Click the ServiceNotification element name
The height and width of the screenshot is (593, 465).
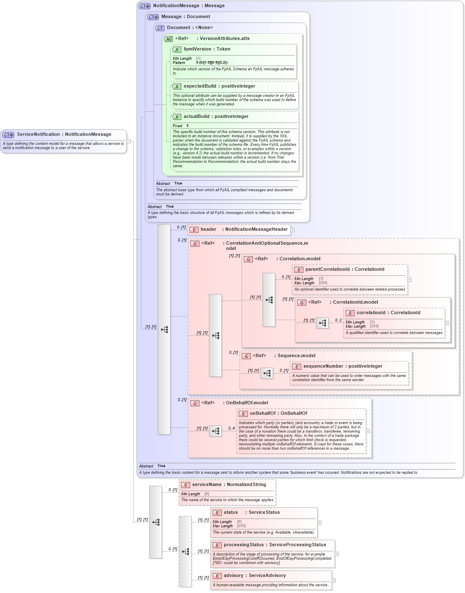tap(38, 134)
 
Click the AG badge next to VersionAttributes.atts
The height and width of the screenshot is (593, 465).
tap(168, 39)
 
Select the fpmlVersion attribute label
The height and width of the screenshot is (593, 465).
tap(197, 49)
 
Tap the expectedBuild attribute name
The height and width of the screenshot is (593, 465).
tap(199, 86)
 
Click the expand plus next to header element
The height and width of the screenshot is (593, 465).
tap(292, 230)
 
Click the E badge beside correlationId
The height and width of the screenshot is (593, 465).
tap(350, 313)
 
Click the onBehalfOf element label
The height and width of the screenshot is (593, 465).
tap(263, 414)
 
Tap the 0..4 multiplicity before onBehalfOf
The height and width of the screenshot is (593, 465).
tap(231, 428)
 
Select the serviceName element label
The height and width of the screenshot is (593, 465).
tap(207, 485)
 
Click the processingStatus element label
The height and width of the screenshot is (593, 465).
tap(244, 545)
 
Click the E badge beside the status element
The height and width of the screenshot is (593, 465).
tap(217, 513)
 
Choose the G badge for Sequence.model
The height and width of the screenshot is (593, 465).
tap(246, 356)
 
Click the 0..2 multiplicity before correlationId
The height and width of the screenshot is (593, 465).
tap(338, 321)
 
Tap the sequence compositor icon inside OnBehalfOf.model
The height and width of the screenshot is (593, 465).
tap(215, 431)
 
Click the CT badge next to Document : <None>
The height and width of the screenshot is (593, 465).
tap(160, 28)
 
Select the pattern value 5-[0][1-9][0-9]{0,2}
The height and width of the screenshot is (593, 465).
tap(212, 63)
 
